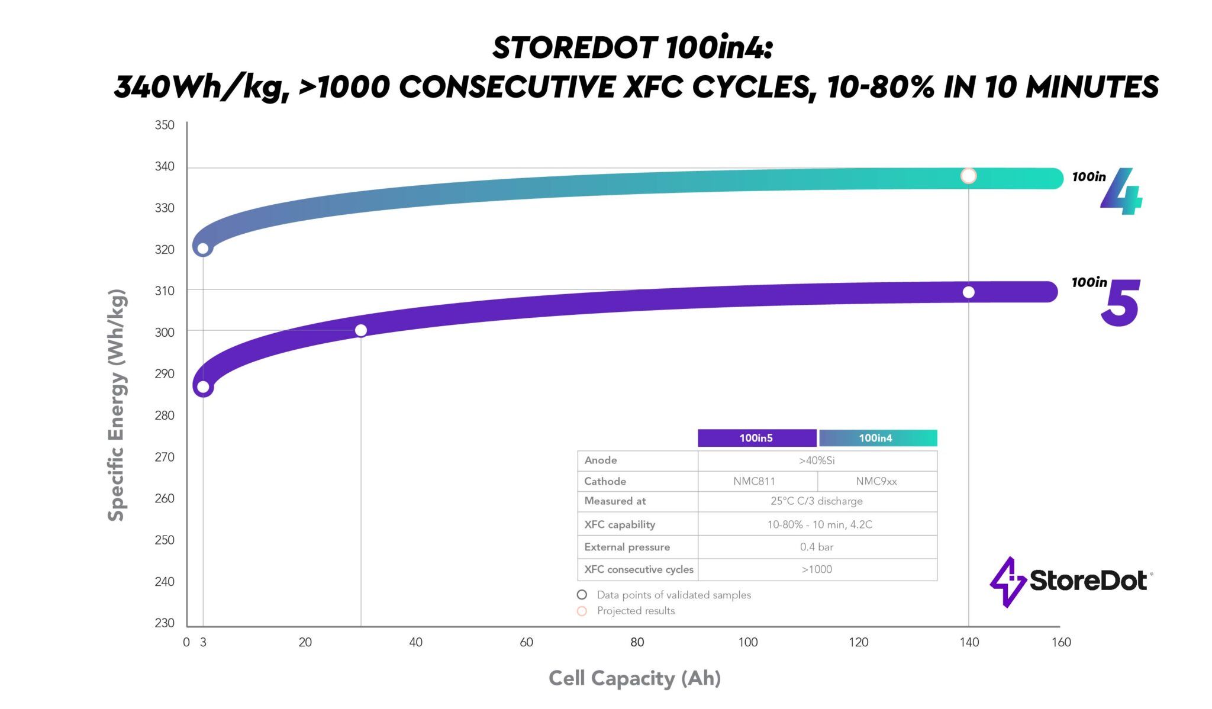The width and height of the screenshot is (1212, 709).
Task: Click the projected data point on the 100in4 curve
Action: pos(968,176)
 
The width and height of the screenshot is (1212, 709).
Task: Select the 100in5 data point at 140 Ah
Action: pos(968,292)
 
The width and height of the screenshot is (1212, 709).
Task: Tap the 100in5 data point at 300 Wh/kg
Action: pos(361,330)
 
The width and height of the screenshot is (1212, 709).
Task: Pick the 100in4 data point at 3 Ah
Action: pos(203,249)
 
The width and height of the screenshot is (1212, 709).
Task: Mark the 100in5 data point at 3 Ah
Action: pos(203,388)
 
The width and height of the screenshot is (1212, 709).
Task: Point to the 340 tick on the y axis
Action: pos(165,167)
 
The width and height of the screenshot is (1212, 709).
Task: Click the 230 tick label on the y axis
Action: pos(165,623)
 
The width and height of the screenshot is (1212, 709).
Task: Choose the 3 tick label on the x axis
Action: pos(203,643)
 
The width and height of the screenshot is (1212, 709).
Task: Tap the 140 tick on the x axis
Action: pos(969,643)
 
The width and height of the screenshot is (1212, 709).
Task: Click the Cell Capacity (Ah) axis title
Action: pos(634,678)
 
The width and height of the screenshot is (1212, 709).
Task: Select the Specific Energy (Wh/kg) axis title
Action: pos(116,405)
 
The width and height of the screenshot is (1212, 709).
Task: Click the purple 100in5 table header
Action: pos(756,438)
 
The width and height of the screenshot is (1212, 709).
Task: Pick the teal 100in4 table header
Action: pos(876,438)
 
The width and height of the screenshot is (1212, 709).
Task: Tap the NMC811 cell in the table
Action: pos(754,482)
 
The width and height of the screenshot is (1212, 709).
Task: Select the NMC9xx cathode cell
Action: pos(876,482)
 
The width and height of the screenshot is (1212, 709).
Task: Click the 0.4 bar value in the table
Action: pos(817,547)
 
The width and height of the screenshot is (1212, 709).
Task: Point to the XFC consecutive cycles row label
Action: pos(639,570)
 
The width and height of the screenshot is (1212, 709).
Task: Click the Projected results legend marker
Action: pos(582,611)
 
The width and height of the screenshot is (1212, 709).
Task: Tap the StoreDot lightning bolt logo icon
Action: pos(1008,582)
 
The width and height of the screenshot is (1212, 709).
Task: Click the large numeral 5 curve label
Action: pos(1120,303)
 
